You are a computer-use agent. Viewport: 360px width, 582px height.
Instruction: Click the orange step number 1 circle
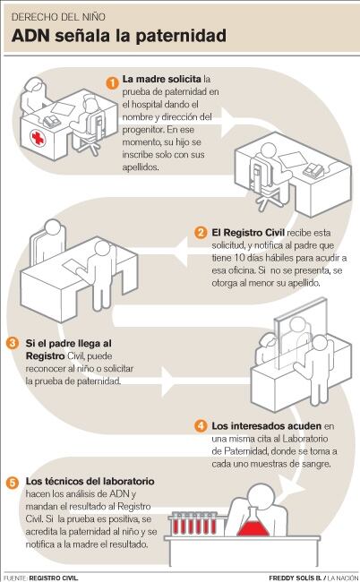(112, 82)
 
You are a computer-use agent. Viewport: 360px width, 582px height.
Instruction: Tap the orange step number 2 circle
(201, 233)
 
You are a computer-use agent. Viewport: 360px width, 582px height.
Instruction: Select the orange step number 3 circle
(13, 343)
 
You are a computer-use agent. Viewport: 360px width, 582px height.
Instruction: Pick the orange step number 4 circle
(201, 425)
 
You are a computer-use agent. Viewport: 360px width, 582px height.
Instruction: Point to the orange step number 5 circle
(13, 483)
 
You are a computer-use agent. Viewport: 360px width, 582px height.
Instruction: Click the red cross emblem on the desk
(38, 138)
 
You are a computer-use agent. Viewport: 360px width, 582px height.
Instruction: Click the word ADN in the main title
(30, 36)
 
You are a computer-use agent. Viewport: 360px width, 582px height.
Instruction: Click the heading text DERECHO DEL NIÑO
(58, 17)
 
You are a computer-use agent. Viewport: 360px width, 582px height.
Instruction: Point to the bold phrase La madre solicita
(162, 79)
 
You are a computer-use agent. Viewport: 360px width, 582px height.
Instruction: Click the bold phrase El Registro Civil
(248, 233)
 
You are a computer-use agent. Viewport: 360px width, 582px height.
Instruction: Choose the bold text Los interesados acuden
(267, 425)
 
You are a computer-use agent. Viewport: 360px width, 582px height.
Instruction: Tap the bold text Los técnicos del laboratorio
(90, 482)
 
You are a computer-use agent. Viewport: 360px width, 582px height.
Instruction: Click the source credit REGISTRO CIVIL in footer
(54, 578)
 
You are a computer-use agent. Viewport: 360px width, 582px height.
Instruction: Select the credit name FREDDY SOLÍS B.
(295, 578)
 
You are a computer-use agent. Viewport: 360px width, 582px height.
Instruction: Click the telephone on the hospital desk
(51, 122)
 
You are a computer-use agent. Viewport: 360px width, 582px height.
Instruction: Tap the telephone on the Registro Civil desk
(313, 170)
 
